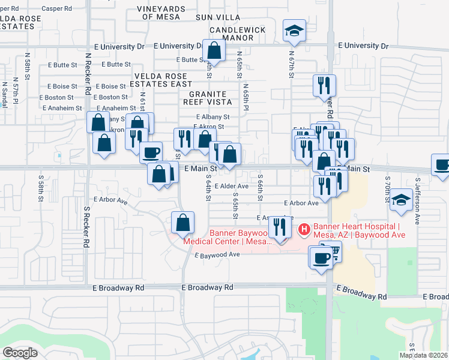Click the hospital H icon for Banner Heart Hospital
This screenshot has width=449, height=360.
[x=304, y=229]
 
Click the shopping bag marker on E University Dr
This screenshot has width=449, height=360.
[x=214, y=52]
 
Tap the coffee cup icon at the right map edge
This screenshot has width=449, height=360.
[x=442, y=165]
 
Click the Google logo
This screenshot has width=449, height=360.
[x=20, y=353]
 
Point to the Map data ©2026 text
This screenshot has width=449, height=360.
[x=424, y=355]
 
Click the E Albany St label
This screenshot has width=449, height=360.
[x=212, y=118]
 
